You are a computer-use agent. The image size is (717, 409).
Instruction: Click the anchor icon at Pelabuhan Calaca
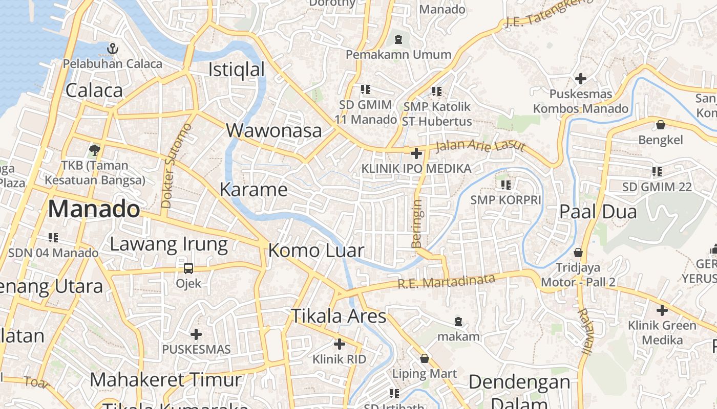pos(112,49)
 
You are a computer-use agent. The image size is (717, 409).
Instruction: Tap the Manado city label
pos(94,209)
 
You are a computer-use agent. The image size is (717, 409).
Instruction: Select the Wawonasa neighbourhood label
pos(274,130)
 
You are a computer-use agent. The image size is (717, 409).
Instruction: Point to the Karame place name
pos(254,190)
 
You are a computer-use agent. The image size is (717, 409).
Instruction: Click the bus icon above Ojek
pos(188,268)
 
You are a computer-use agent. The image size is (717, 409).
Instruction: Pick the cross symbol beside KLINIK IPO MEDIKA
pos(416,153)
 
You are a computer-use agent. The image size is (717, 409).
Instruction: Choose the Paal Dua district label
pos(598,211)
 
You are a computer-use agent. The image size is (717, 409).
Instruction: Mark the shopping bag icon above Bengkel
pos(661,124)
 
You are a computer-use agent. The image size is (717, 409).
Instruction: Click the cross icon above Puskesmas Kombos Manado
pos(580,79)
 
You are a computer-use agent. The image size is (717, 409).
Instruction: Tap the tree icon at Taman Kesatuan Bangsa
pos(94,150)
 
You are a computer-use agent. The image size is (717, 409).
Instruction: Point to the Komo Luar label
pos(316,251)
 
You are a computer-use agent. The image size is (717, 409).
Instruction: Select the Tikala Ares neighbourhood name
pos(339,316)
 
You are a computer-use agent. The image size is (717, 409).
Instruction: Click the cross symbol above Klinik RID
pos(339,344)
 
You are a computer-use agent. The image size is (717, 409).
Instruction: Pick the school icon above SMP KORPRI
pos(505,185)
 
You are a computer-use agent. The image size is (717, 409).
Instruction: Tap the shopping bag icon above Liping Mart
pos(424,358)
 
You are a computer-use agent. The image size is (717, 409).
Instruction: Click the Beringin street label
pos(417,223)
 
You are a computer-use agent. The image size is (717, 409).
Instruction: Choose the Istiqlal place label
pos(236,70)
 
